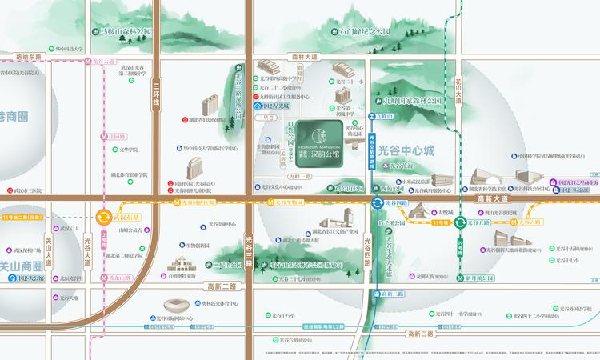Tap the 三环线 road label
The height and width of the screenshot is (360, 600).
(x=157, y=97)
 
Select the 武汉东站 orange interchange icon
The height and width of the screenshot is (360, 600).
(x=104, y=217)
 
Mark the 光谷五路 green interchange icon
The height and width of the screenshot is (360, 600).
(x=462, y=223)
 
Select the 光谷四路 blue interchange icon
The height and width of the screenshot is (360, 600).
(x=377, y=204)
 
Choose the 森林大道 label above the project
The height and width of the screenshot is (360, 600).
(x=305, y=58)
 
